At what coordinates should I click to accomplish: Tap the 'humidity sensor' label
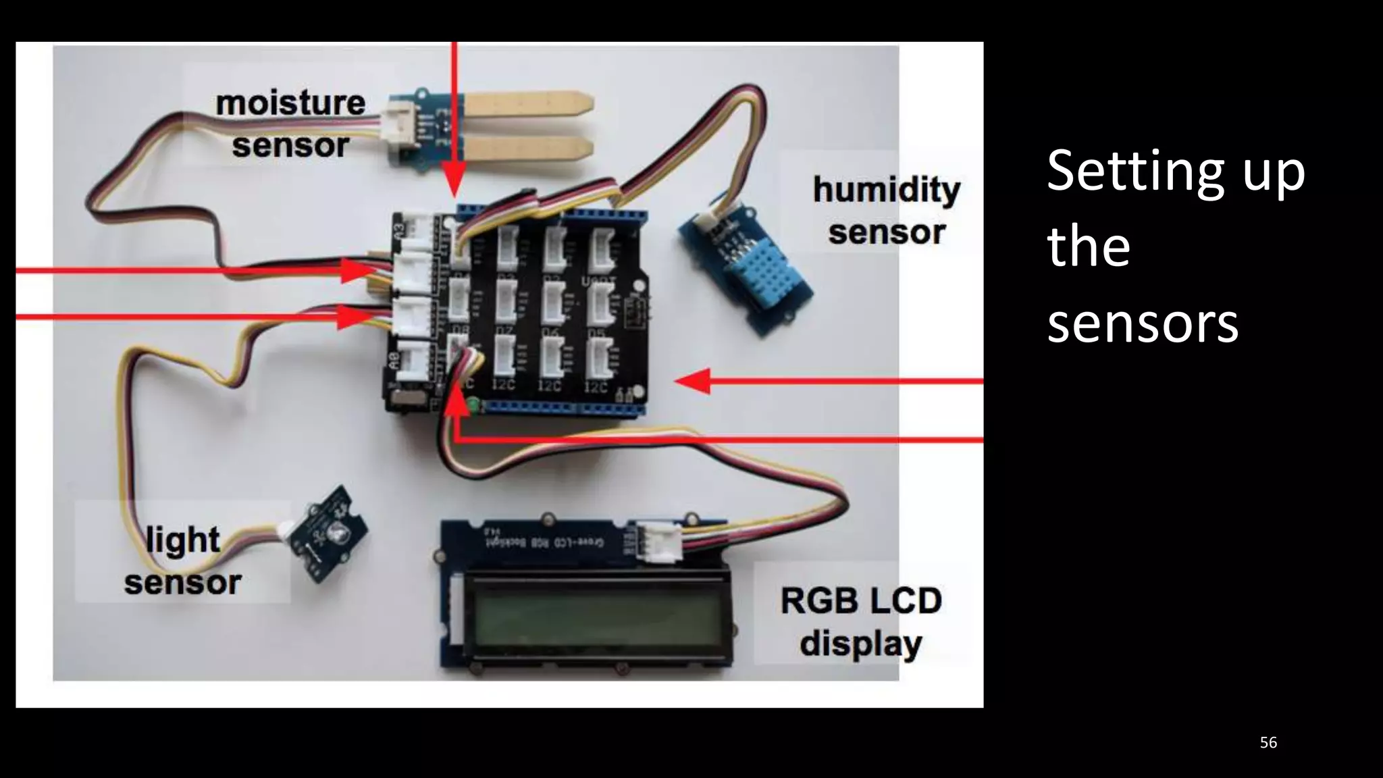(x=886, y=210)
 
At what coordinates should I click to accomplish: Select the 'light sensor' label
(x=182, y=561)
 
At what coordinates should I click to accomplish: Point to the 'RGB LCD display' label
(x=861, y=621)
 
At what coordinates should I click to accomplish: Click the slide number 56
(x=1268, y=743)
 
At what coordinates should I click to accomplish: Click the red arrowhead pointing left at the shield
(x=692, y=381)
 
